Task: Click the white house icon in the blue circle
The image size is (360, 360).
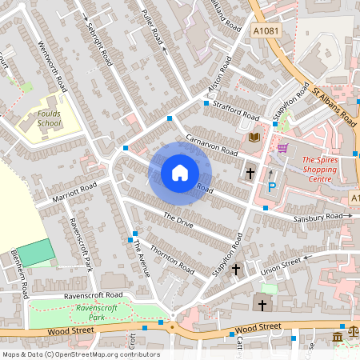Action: [180, 172]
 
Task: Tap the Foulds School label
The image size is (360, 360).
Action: [49, 119]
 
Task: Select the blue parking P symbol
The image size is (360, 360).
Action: [271, 187]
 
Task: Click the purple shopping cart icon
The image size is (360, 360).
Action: [282, 148]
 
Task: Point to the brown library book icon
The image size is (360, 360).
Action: [255, 138]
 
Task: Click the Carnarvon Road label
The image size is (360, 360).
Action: [212, 145]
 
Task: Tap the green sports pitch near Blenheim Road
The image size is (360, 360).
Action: [35, 254]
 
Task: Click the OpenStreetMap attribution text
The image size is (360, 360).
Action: [80, 354]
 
